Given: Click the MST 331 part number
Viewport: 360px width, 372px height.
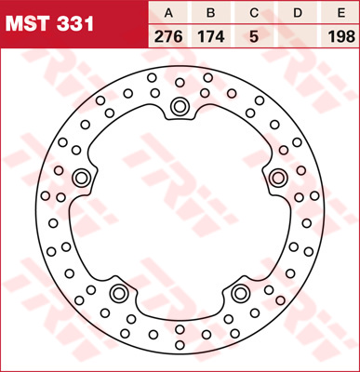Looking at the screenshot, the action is [49, 24].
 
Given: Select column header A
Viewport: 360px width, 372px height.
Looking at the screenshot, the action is [168, 13].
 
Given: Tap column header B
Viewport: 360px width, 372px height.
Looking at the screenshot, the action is [211, 13].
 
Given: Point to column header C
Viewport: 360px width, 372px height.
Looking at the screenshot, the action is [254, 13].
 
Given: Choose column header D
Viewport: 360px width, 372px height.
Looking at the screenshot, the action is [298, 13].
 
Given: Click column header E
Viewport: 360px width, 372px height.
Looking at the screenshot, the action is [341, 13].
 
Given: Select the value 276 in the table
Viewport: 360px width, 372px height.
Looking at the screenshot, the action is [168, 37].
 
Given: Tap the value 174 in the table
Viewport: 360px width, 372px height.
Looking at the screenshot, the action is [211, 37].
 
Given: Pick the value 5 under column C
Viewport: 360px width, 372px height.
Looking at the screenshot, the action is [254, 37].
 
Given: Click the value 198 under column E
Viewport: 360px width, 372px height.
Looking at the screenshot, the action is [341, 37].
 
